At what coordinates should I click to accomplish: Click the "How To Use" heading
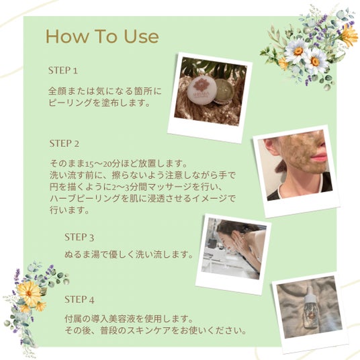pyautogui.click(x=102, y=36)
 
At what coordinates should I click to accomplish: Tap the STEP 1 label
pyautogui.click(x=63, y=71)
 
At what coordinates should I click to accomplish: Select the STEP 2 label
pyautogui.click(x=64, y=144)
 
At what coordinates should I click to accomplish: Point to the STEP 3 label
pyautogui.click(x=79, y=237)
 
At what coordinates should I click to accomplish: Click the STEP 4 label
pyautogui.click(x=79, y=300)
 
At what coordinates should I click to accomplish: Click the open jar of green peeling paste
pyautogui.click(x=224, y=91)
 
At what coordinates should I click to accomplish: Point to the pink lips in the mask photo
pyautogui.click(x=318, y=158)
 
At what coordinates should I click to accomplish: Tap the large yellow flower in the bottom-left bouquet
pyautogui.click(x=29, y=294)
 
